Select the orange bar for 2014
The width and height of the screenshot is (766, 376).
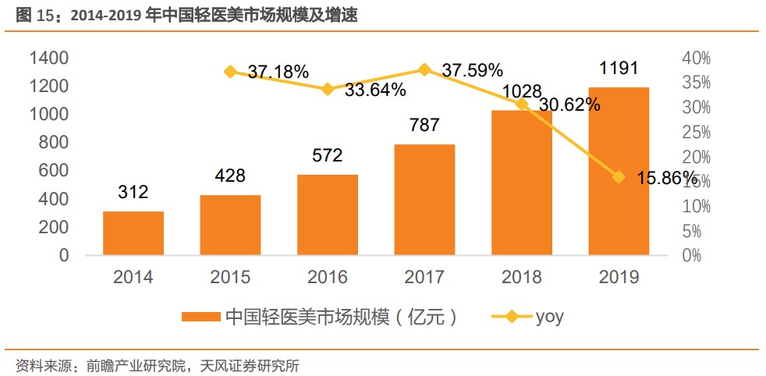coord(133,233)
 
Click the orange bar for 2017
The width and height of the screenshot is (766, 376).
coord(424,200)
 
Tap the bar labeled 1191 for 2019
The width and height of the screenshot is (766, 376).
coord(619,171)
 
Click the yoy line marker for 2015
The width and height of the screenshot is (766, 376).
coord(230,72)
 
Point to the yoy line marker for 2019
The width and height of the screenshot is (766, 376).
coord(619,177)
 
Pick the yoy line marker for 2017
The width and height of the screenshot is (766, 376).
coord(424,69)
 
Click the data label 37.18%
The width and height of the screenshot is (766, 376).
coord(278,72)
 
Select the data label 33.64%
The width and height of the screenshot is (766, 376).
coord(375,90)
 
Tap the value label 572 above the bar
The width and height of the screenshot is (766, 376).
coord(327,155)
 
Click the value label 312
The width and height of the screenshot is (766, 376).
coord(133,192)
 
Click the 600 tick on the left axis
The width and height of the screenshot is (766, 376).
coord(54,171)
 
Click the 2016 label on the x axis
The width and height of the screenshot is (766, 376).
coord(327,277)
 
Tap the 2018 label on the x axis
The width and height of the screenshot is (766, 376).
coord(521,277)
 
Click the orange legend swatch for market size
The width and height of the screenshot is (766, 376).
coord(200,317)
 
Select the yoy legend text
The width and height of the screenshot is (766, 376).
coord(549,317)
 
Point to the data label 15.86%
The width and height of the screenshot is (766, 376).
coord(668,179)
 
